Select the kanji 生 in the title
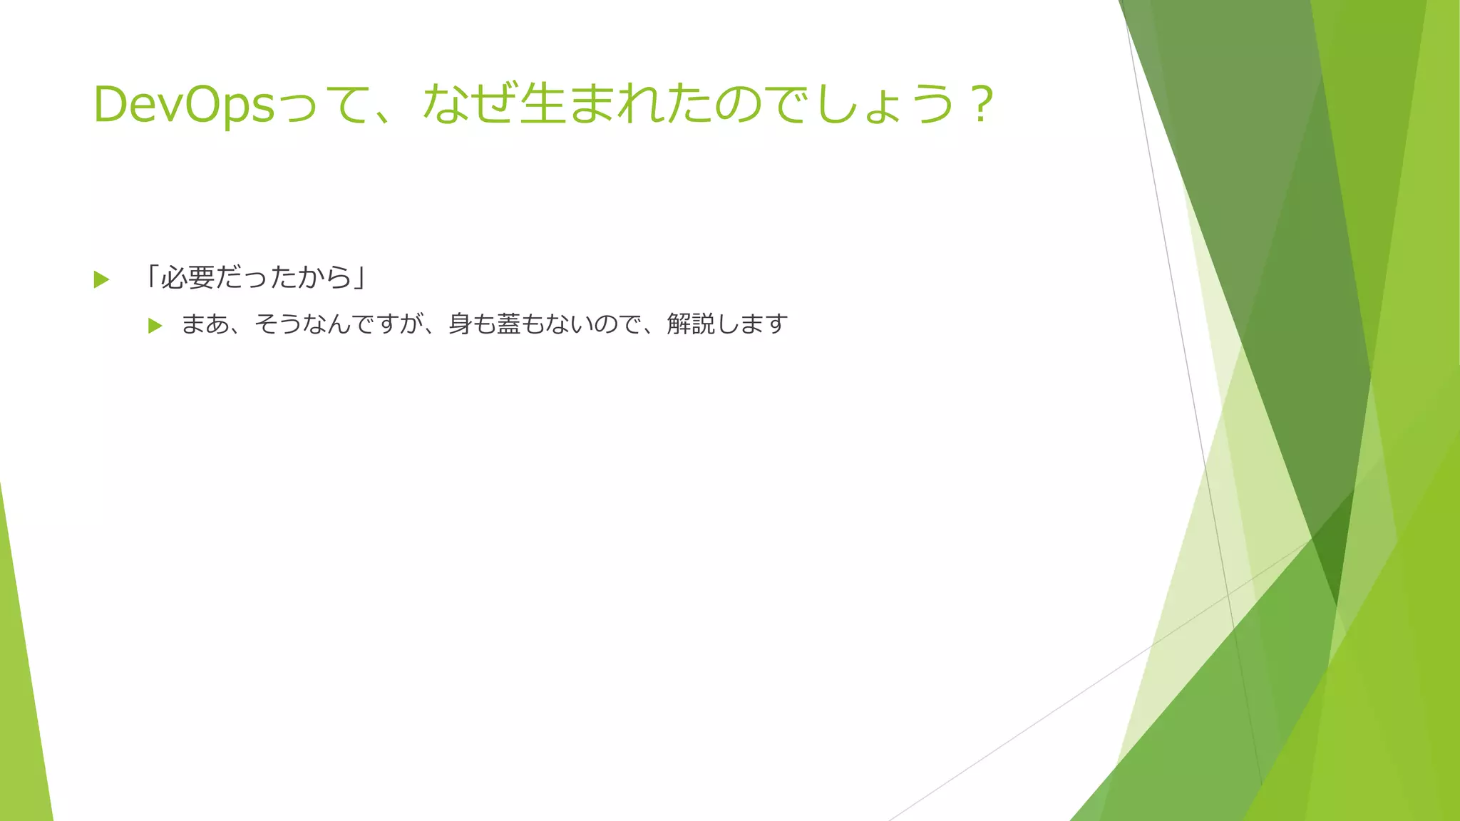coord(543,104)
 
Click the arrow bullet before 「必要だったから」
coord(101,279)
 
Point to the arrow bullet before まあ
coord(155,326)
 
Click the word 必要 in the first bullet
coord(187,277)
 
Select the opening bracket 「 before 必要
coord(151,277)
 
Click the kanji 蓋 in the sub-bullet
coord(508,324)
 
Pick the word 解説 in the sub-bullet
coord(691,324)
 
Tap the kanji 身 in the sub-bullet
coord(460,324)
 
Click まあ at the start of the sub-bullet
coord(205,324)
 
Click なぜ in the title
coord(469,104)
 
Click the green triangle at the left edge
coord(21,698)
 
